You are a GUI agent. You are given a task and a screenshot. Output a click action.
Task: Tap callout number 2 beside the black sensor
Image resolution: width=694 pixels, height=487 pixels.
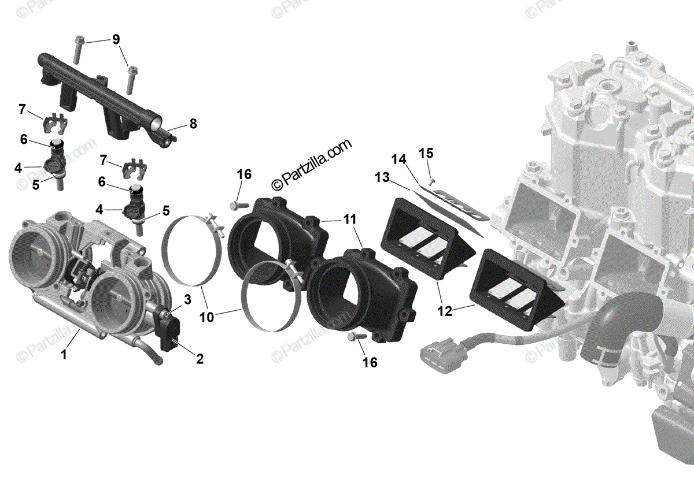(200, 359)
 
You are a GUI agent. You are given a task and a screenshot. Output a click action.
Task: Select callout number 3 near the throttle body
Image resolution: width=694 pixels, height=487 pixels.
(187, 299)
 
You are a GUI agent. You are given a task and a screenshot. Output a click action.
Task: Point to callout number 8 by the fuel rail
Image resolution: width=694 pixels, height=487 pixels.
(193, 124)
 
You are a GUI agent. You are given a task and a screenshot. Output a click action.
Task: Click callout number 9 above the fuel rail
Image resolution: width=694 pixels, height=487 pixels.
(116, 39)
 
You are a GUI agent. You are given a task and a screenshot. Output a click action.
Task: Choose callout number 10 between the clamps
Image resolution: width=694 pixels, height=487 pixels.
(206, 317)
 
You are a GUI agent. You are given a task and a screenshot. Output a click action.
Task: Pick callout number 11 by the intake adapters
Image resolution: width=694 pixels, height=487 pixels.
(349, 220)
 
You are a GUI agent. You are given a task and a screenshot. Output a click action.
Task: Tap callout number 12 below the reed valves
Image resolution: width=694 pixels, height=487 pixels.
(444, 311)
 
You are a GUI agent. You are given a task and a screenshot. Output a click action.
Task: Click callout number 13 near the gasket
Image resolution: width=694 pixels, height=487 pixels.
(382, 178)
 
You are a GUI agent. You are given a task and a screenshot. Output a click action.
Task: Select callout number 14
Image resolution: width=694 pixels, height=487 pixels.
(398, 159)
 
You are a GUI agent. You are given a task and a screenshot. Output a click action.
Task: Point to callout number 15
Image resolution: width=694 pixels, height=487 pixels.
(426, 153)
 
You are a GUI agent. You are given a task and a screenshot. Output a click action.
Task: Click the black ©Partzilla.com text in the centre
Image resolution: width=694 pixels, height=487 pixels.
(311, 165)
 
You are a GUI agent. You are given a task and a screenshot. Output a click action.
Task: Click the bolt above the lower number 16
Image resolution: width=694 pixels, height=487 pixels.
(355, 336)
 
